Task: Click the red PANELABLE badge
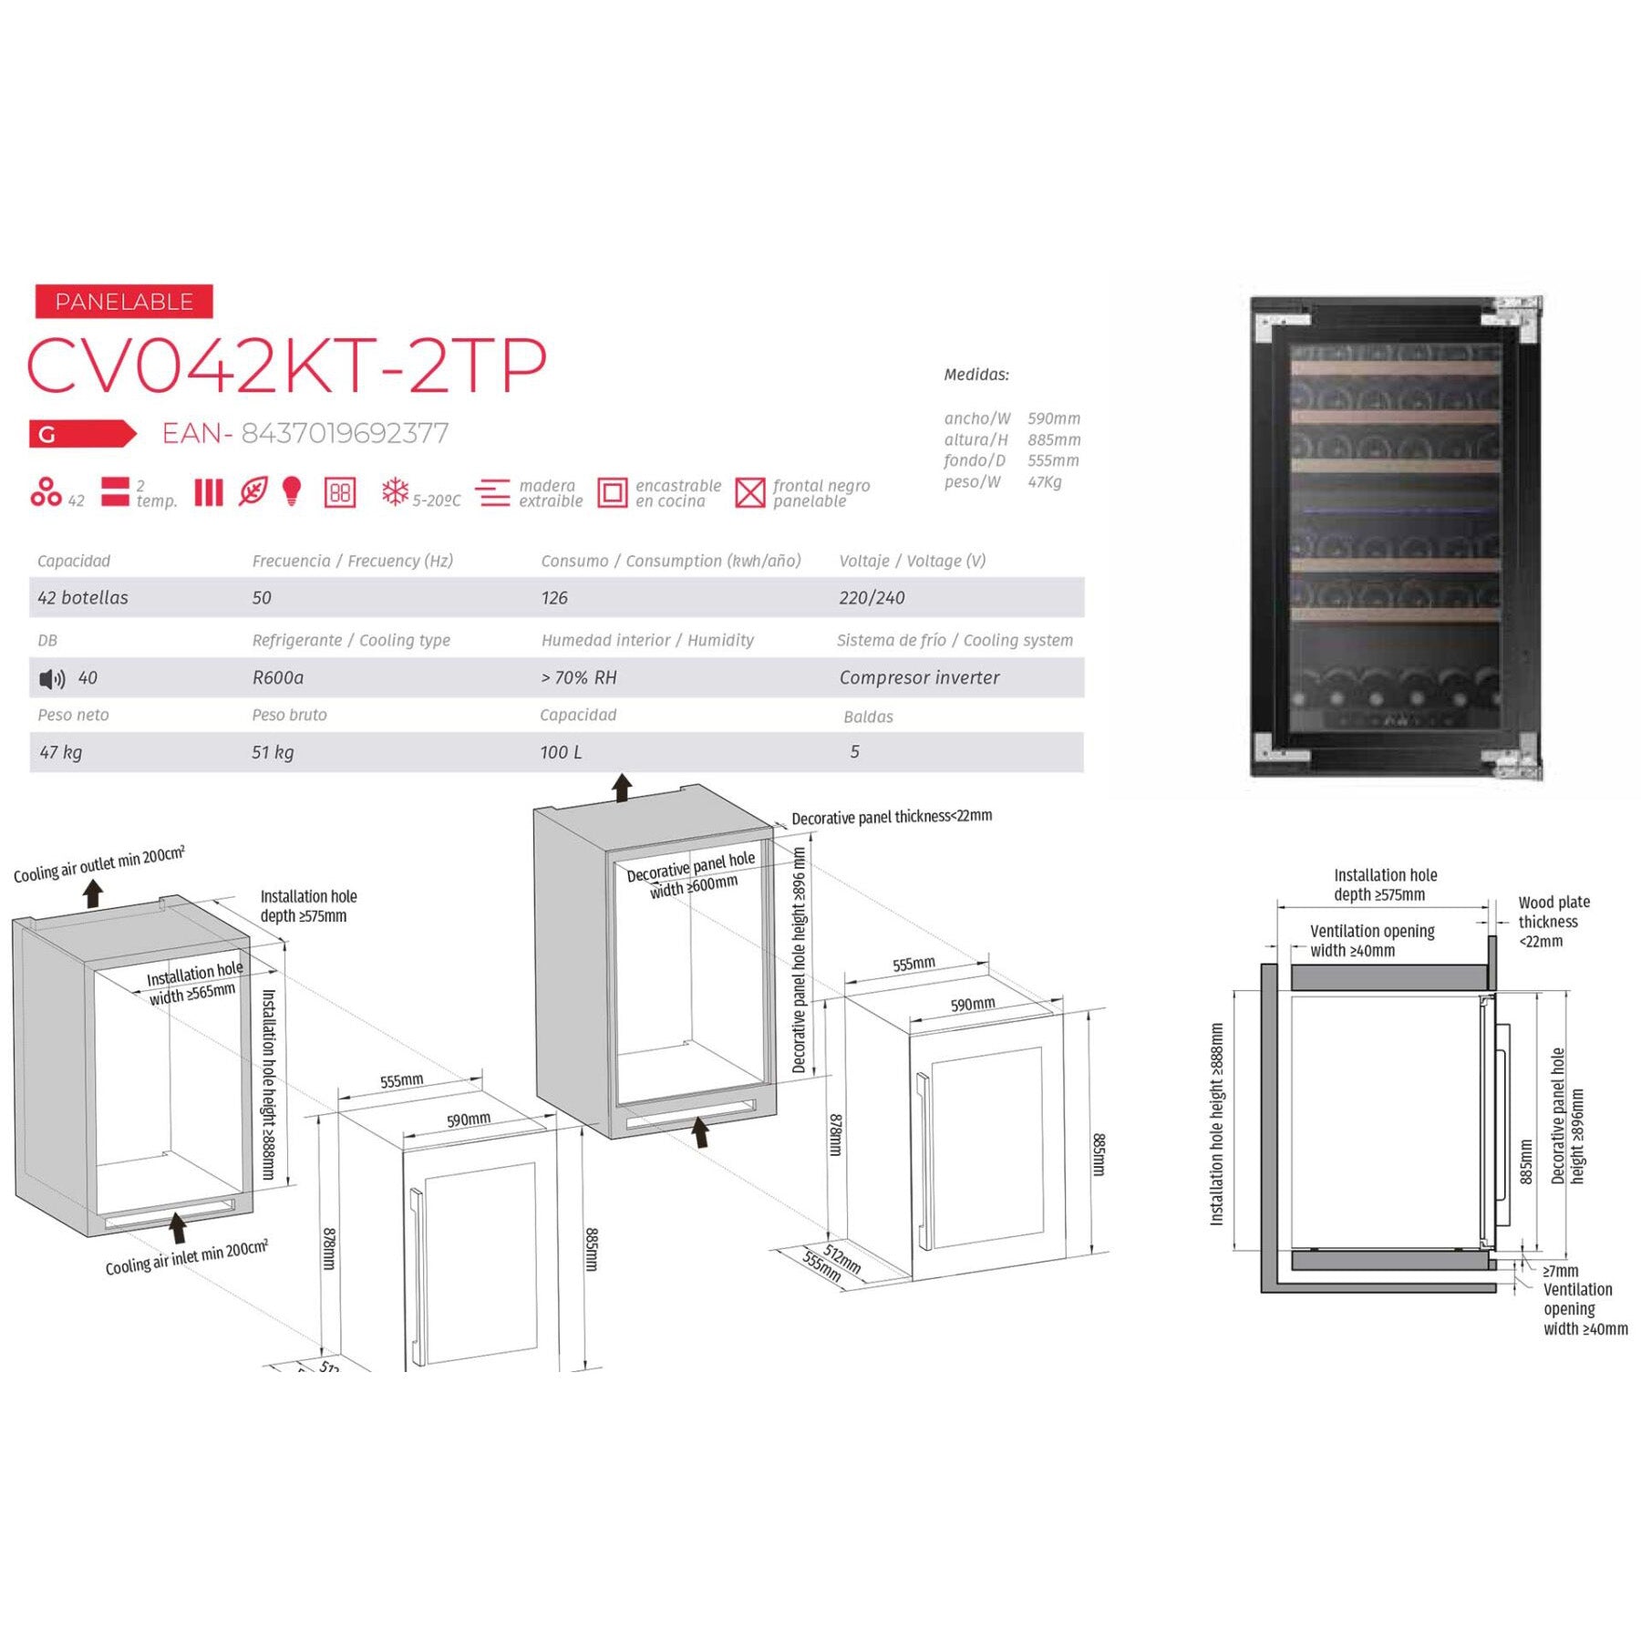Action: click(124, 302)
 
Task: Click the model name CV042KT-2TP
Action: click(287, 366)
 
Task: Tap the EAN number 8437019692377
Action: click(345, 433)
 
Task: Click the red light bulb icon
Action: click(292, 491)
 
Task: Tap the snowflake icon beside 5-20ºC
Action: click(395, 492)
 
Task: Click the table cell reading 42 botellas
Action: click(83, 598)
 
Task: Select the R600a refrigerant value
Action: click(278, 677)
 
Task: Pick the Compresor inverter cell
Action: click(919, 677)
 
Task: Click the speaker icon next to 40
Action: click(52, 678)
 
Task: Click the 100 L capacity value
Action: click(561, 752)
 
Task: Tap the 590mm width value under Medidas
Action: click(1054, 418)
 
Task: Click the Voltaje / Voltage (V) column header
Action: click(912, 561)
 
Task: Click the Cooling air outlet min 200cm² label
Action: click(98, 863)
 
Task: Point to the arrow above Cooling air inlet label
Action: click(178, 1227)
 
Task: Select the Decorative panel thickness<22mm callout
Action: click(891, 817)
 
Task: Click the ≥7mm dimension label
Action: click(1561, 1270)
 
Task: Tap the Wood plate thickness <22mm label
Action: click(1553, 921)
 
